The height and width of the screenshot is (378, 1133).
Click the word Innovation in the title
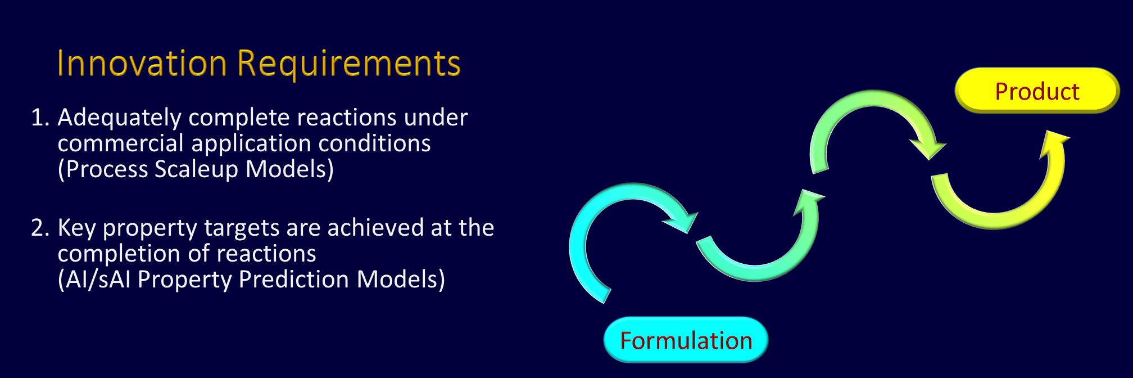(x=142, y=62)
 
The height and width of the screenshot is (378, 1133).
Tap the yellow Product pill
(x=1037, y=91)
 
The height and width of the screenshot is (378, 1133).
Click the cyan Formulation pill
(x=686, y=340)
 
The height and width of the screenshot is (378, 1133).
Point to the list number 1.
(x=40, y=118)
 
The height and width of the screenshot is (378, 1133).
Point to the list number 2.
(x=40, y=228)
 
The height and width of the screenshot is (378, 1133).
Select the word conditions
(x=374, y=143)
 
